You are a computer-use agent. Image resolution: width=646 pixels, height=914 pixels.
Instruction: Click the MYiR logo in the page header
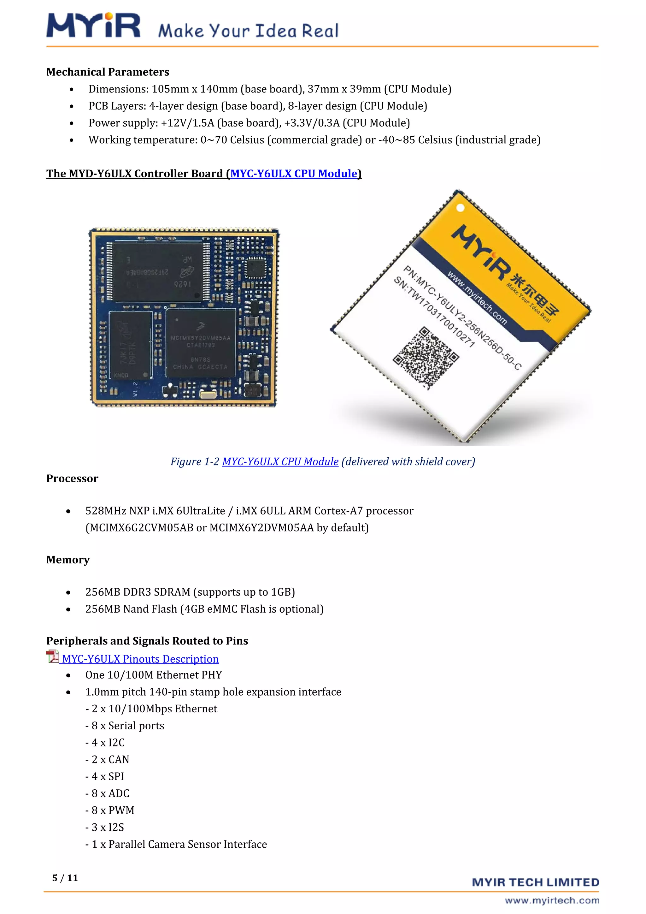(x=93, y=26)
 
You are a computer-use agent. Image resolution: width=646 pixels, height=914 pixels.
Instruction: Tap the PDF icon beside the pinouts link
(x=52, y=656)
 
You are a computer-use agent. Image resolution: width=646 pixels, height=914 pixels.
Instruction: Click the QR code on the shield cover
(x=426, y=358)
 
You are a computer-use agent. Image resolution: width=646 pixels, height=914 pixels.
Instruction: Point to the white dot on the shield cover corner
(x=460, y=207)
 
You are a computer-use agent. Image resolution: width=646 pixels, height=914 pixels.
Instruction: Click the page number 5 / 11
(x=65, y=878)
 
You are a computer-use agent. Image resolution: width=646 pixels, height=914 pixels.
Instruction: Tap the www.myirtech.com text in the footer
(x=552, y=900)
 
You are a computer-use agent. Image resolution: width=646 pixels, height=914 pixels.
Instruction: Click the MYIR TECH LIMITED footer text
(x=535, y=882)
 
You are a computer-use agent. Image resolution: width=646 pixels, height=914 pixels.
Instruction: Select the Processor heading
(x=72, y=478)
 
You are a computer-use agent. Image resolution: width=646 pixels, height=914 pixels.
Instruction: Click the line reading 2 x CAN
(x=107, y=760)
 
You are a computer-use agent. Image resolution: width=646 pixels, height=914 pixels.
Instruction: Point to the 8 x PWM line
(x=110, y=810)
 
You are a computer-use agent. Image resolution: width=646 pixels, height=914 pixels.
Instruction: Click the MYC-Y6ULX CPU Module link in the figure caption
(x=280, y=462)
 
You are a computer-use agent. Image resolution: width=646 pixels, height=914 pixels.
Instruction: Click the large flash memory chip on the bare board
(x=158, y=271)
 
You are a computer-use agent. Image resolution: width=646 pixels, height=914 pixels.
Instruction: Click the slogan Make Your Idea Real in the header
(x=248, y=31)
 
